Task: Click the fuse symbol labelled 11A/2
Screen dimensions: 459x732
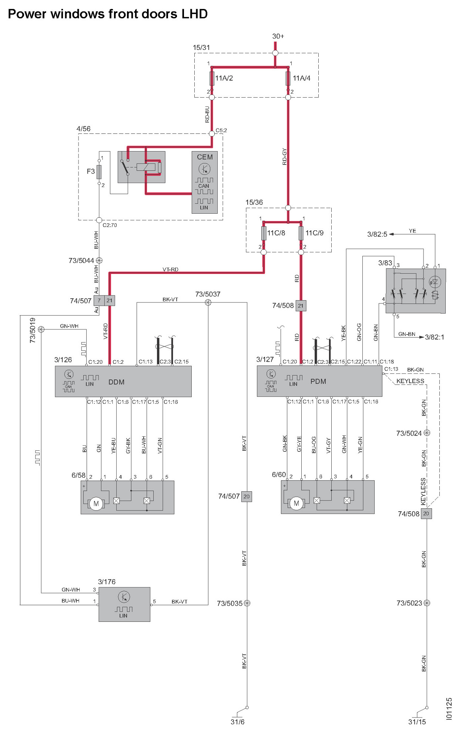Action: [212, 78]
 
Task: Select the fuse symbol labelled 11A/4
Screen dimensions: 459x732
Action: [288, 78]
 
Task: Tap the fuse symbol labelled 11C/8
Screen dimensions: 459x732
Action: [264, 233]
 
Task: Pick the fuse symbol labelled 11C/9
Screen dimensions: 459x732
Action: [301, 233]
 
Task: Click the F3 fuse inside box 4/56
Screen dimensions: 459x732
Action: [99, 172]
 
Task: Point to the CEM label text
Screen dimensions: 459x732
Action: [205, 157]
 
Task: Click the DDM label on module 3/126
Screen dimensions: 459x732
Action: [116, 382]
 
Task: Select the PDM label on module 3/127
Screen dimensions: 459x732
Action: [318, 381]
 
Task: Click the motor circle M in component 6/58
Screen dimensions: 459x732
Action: [96, 504]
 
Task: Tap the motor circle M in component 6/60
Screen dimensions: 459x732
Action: [296, 503]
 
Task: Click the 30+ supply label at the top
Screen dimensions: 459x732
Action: [278, 36]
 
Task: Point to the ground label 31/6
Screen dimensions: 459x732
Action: [237, 722]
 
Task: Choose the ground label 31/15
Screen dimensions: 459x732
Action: [417, 722]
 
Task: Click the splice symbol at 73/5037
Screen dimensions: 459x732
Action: [208, 303]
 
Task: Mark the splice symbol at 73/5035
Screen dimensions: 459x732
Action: [247, 603]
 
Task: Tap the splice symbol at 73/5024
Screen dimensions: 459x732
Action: [427, 433]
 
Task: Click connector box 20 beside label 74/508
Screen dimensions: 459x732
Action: [426, 514]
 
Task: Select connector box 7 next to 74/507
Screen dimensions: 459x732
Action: [99, 301]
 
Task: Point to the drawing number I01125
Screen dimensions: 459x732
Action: [449, 709]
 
